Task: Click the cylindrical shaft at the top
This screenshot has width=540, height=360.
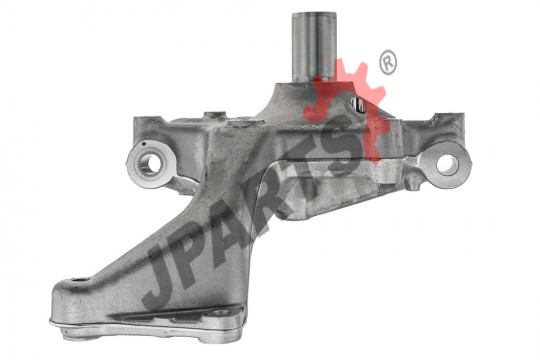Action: click(x=314, y=47)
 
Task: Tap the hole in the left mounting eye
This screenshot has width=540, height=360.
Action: click(x=149, y=164)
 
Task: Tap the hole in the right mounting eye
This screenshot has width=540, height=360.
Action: click(x=447, y=164)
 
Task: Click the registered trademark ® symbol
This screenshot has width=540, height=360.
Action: click(x=388, y=62)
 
